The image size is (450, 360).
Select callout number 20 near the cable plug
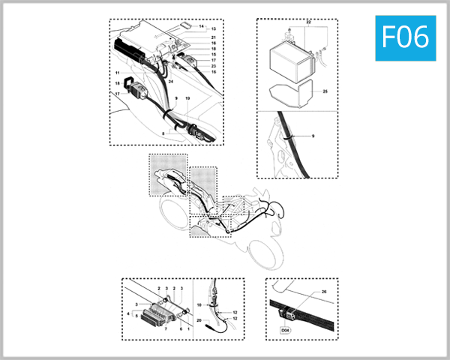coord(200,320)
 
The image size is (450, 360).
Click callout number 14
coord(202,27)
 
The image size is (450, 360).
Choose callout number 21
coord(213,37)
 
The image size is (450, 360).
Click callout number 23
coord(213,67)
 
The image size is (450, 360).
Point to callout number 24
coord(171,79)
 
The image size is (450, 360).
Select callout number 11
coord(118,72)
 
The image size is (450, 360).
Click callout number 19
coord(187,99)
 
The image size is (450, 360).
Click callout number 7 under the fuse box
coord(166,329)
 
